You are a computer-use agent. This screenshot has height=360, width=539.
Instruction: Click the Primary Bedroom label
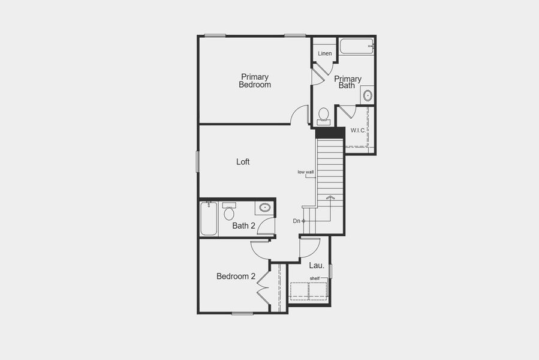[255, 81]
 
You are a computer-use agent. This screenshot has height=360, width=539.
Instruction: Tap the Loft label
[243, 162]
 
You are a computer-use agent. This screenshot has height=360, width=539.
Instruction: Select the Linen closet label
[324, 54]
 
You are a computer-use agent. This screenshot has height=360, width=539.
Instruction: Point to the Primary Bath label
[348, 82]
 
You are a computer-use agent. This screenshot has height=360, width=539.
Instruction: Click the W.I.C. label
[358, 130]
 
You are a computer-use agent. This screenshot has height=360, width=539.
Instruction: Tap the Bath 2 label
[244, 226]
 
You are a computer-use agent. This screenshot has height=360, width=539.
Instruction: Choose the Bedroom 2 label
[236, 277]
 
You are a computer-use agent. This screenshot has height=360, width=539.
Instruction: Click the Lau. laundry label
[317, 265]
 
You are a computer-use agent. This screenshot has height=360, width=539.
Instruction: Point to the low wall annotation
[306, 172]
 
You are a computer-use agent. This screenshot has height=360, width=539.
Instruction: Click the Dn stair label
[296, 221]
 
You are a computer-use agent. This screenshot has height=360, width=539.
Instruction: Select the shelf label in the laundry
[315, 278]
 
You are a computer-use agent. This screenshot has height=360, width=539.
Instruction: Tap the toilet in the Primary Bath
[324, 115]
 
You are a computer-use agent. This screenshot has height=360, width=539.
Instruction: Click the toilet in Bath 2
[229, 212]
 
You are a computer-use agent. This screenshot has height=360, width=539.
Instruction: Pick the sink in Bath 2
[264, 208]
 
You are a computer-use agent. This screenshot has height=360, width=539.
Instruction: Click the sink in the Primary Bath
[368, 95]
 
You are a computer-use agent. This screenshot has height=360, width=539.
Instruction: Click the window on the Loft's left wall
[198, 161]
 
